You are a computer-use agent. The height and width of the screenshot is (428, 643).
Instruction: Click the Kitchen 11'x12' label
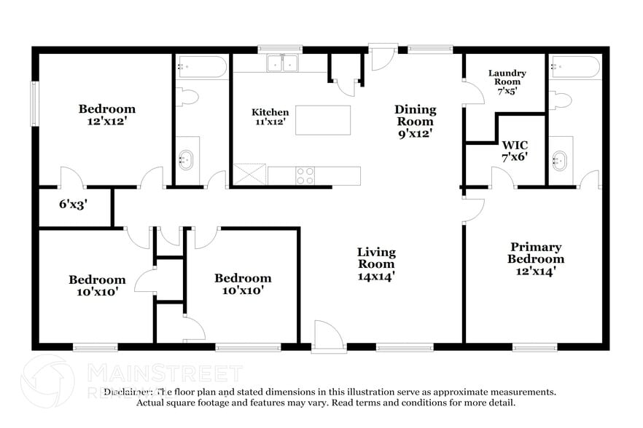[270, 117]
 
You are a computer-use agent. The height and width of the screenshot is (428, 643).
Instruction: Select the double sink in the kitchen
[283, 64]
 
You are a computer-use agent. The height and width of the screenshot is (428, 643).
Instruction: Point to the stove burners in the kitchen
[305, 175]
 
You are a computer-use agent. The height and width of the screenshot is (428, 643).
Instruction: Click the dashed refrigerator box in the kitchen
[250, 175]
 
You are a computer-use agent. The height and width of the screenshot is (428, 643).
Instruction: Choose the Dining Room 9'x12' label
[415, 121]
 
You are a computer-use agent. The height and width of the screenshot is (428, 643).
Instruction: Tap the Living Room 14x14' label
[376, 263]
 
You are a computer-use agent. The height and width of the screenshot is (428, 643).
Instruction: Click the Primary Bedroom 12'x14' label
[536, 258]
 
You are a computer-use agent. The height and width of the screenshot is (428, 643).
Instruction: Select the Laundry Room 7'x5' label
[507, 82]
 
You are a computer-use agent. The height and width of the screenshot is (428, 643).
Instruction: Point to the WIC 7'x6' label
[515, 149]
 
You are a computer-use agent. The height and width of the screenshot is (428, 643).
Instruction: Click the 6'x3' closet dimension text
[73, 205]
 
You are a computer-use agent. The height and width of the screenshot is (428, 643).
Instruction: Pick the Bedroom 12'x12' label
[107, 115]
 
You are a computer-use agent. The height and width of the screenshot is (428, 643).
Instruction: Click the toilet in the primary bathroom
[561, 99]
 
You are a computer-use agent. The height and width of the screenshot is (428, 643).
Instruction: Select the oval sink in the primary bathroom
[560, 159]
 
